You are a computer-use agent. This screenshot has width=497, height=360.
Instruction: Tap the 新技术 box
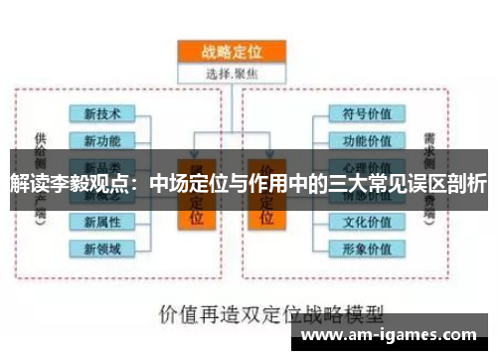pyautogui.click(x=102, y=114)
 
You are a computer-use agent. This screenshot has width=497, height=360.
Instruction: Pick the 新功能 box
pyautogui.click(x=102, y=140)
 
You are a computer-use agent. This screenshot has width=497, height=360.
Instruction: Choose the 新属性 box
pyautogui.click(x=102, y=222)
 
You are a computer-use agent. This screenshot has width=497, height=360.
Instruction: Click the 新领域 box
pyautogui.click(x=102, y=248)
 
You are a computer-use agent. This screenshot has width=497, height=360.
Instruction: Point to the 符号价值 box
pyautogui.click(x=367, y=114)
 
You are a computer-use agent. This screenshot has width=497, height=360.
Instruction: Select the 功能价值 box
pyautogui.click(x=367, y=140)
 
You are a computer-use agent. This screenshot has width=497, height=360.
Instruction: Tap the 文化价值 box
pyautogui.click(x=367, y=222)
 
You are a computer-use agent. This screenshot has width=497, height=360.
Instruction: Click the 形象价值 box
pyautogui.click(x=367, y=248)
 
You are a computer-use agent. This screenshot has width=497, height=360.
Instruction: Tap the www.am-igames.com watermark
pyautogui.click(x=396, y=336)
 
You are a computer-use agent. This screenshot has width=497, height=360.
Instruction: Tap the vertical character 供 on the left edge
pyautogui.click(x=39, y=140)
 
